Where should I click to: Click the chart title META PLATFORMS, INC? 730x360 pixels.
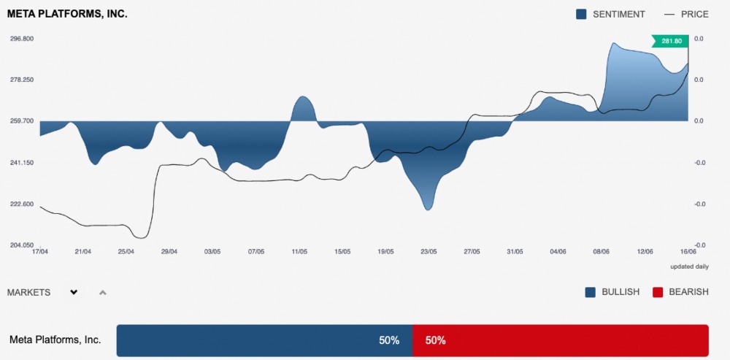point(67,14)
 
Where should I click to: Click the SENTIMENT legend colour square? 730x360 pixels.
point(582,14)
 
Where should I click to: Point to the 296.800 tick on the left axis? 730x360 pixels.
point(21,39)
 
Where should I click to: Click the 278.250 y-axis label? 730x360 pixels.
point(21,80)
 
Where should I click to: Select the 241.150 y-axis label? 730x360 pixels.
point(21,163)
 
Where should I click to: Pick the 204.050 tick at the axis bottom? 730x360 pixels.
point(21,245)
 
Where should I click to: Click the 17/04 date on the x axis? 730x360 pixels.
point(40,252)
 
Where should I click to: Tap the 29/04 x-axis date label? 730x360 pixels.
point(169,252)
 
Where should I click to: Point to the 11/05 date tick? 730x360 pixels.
point(299,252)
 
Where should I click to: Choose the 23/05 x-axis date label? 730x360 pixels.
point(429,252)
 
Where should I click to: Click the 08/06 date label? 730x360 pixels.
point(602,252)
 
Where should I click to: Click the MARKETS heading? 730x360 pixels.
point(28,292)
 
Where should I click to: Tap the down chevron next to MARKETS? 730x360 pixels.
point(74,292)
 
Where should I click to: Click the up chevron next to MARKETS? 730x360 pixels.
point(103,293)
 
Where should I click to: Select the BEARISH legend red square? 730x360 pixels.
point(657,292)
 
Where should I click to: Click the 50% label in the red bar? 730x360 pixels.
point(435,340)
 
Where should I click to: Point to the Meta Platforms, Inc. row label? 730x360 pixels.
point(55,340)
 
